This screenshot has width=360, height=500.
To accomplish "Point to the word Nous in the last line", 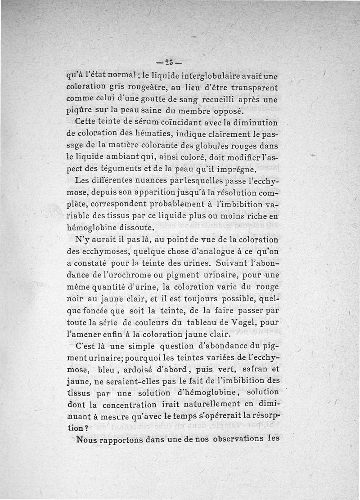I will coord(90,440).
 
